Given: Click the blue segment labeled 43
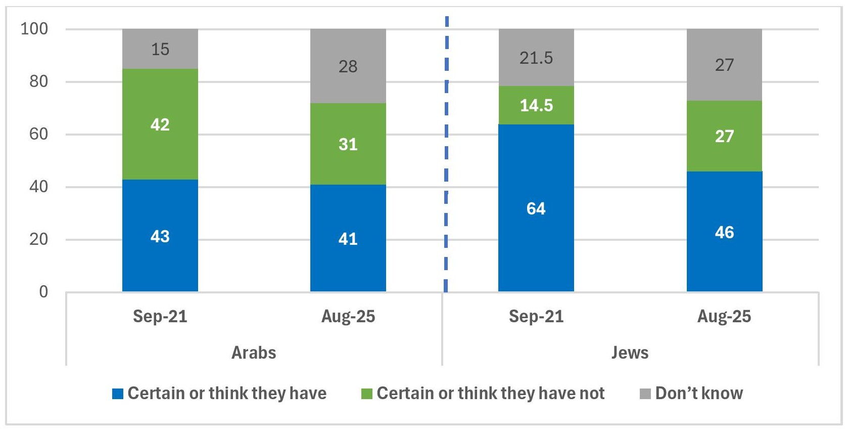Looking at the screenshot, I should pos(160,236).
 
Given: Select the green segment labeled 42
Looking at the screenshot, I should pos(160,124).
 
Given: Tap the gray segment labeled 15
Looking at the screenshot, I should pos(160,49).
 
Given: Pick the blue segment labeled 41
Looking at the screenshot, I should pos(348,238).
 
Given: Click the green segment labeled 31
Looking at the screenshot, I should pos(348,144).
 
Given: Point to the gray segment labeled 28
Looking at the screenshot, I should pos(348,66).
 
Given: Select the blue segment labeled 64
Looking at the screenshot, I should pos(536,208).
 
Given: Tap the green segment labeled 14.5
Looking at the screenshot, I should pos(536,105).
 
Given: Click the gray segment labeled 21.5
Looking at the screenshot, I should pos(536,58).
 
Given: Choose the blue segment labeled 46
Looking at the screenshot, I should pos(724,232).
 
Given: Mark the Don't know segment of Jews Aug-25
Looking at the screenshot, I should pos(724,65).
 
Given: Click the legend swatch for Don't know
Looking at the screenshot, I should pos(645,394).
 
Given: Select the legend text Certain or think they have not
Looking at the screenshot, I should pos(490,393).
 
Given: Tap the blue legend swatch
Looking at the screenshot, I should pos(118,394).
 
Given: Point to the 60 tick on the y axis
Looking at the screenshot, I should pos(38,134).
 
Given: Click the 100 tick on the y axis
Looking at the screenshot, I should pos(34,29).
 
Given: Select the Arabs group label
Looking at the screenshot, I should pos(254,353).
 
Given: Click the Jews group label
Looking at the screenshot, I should pos(630,353).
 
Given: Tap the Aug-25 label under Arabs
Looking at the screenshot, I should pos(348,317).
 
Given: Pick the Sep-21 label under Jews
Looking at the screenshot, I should pos(536,317).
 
